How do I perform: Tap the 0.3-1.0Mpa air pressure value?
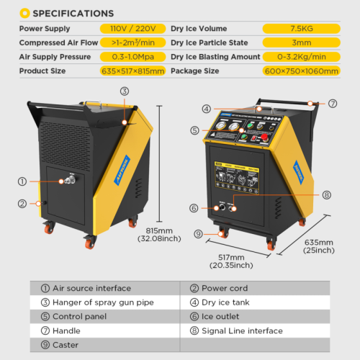tap(133, 57)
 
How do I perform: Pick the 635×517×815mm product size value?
tap(133, 71)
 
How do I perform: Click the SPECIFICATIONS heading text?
tap(73, 13)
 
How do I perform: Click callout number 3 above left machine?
tap(125, 91)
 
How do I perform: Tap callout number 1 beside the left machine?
tap(23, 182)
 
